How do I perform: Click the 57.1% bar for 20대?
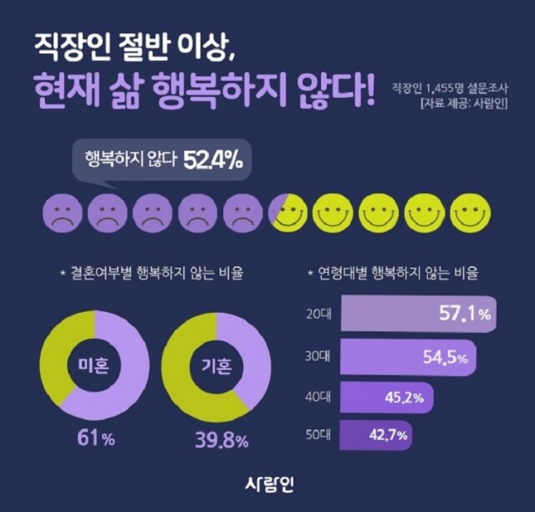[418, 315]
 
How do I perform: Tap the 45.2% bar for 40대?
[385, 397]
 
